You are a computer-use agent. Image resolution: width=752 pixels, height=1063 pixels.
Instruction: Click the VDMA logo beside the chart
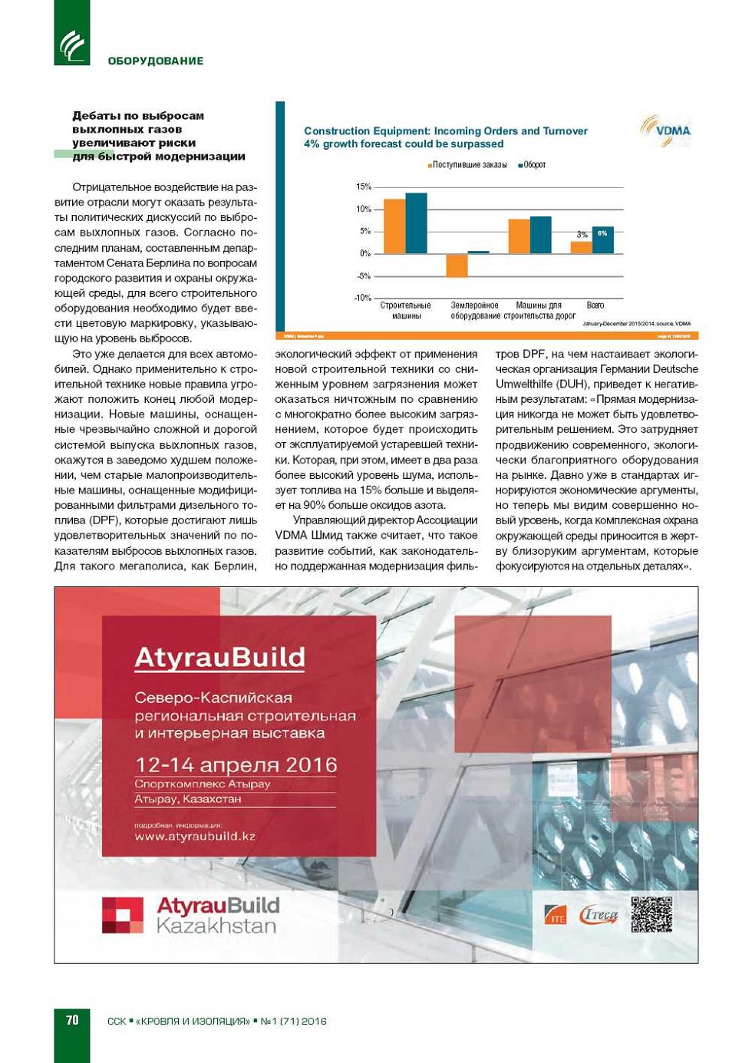(665, 130)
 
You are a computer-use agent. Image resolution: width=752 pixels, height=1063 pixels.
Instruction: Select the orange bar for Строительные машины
(394, 226)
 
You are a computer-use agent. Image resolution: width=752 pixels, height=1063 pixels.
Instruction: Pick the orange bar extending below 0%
(457, 266)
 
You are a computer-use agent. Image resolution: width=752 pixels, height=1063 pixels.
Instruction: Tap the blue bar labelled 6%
(602, 240)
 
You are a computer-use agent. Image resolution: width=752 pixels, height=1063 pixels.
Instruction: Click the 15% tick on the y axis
(363, 187)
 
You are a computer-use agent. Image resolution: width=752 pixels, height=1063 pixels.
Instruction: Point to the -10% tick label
(362, 298)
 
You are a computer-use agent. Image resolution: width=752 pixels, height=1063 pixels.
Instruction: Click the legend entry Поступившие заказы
(468, 165)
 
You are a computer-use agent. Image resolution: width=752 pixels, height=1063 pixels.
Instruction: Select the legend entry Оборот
(533, 165)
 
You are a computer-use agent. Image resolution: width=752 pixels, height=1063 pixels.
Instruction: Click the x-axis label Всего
(595, 305)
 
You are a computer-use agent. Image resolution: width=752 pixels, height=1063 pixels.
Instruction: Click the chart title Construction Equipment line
(445, 131)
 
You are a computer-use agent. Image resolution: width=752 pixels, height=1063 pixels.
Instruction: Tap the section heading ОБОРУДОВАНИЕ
(156, 61)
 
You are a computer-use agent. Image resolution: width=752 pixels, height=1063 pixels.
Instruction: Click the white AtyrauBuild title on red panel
(219, 658)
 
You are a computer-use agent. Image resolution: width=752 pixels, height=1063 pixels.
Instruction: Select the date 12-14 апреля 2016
(236, 765)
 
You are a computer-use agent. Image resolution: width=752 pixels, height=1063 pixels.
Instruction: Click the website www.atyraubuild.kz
(195, 837)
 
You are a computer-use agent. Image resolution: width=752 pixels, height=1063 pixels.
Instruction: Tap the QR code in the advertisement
(651, 914)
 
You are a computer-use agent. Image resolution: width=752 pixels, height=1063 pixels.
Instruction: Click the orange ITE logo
(556, 916)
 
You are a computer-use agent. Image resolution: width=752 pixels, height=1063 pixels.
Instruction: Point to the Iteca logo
(599, 915)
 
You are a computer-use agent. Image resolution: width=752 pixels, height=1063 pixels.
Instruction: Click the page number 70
(72, 1020)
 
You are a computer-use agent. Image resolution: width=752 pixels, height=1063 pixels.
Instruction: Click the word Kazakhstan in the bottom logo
(216, 926)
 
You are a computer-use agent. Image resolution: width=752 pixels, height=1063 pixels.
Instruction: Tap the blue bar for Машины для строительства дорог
(540, 235)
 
